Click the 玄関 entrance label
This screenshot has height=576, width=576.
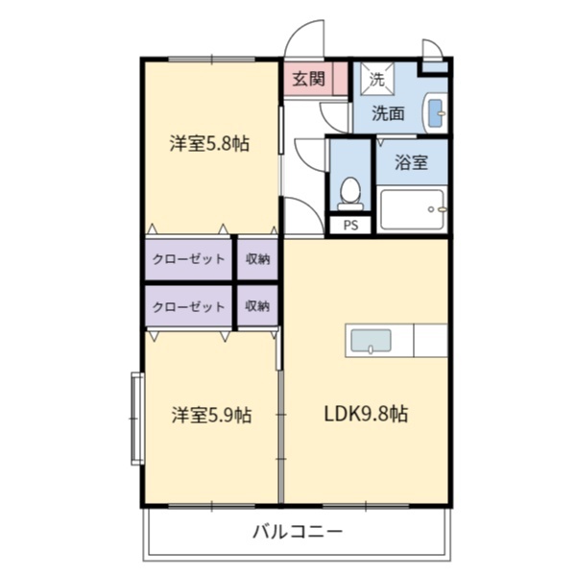(308, 79)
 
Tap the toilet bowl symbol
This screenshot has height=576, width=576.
(350, 194)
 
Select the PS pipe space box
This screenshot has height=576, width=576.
(350, 225)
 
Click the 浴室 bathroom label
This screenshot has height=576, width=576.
(411, 162)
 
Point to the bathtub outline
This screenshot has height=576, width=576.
(412, 209)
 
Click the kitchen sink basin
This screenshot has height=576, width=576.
(371, 341)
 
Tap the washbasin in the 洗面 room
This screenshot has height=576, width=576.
(436, 112)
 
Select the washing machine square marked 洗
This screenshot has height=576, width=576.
(377, 79)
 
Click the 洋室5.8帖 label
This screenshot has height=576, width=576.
(209, 144)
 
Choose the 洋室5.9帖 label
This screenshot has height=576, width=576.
(211, 415)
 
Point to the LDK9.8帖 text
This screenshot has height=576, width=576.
(366, 414)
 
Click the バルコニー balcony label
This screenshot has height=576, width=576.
(298, 532)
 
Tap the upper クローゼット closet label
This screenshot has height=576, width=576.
(188, 259)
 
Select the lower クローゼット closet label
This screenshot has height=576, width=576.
(188, 306)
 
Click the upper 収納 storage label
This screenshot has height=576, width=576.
(257, 259)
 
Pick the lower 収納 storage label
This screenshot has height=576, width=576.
(257, 306)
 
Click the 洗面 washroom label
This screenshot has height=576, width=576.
(388, 113)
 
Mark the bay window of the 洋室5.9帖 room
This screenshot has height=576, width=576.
(137, 419)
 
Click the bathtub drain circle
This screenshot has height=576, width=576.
(431, 209)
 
